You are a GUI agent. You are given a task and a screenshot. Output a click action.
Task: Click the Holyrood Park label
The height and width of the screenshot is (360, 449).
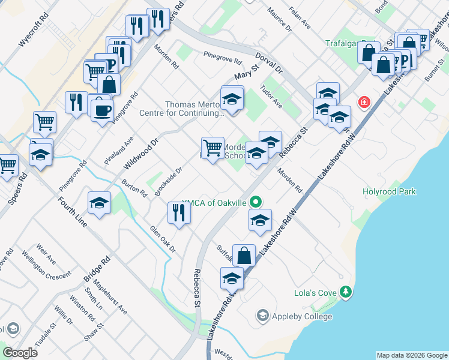389,192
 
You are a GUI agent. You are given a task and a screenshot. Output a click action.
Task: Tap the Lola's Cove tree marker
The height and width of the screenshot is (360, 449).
346,292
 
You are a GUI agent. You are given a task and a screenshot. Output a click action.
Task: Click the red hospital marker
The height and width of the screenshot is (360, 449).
363,102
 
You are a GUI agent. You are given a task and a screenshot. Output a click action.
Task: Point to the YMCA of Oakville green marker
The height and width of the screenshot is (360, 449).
256,203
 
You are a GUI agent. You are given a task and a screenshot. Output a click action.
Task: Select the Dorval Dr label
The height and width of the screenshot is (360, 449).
268,62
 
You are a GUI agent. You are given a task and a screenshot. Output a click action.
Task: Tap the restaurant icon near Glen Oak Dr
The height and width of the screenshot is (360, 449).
179,213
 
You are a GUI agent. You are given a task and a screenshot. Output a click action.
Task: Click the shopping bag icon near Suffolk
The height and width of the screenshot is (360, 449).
244,256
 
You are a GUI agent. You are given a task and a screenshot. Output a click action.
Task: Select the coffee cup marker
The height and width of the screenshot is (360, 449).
102,110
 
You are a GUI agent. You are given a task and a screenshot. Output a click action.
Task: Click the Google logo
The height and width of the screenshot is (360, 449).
19,353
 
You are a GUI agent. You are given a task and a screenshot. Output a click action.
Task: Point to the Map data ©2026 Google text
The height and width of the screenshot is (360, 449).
411,355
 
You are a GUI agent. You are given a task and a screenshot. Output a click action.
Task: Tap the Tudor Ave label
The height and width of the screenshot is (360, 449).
271,95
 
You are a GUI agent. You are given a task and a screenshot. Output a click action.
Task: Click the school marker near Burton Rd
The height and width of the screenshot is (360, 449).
99,203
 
